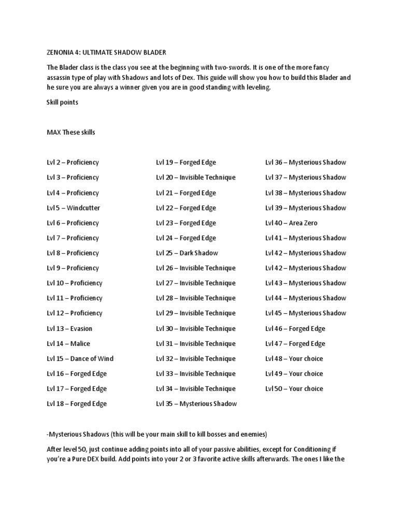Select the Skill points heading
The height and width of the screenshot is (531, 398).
tap(62, 102)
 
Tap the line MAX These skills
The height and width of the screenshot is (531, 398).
tap(71, 132)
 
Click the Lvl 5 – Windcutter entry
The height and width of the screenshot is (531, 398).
tap(73, 208)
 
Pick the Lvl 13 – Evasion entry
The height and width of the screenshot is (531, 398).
tap(69, 328)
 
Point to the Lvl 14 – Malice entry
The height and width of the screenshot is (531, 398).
tap(68, 343)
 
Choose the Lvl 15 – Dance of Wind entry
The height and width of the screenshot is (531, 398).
tap(80, 358)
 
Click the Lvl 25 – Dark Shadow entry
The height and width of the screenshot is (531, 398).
tap(187, 253)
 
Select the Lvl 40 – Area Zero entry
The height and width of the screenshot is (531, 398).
tap(291, 223)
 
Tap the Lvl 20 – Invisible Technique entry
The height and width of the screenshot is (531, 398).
tap(195, 177)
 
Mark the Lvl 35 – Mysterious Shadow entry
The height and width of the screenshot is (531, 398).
tap(196, 403)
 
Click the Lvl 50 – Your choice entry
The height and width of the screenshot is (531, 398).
tap(294, 388)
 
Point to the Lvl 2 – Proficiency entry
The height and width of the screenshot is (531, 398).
tap(73, 162)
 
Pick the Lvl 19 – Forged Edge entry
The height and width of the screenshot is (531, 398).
tap(186, 162)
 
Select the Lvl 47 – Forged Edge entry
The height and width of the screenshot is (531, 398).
tap(295, 343)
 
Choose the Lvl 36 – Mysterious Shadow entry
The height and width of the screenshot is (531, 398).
tap(305, 162)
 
